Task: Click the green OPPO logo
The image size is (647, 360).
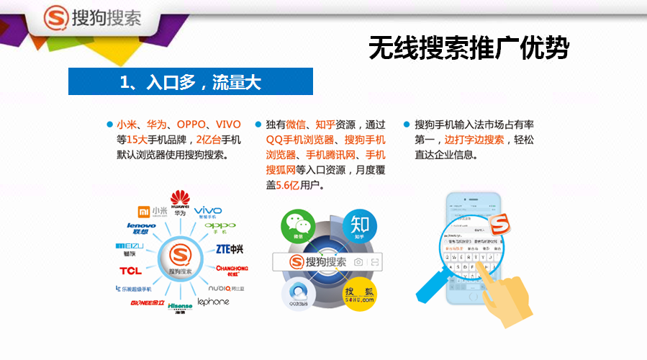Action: [x=220, y=228]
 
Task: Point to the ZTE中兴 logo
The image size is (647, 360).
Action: [x=230, y=249]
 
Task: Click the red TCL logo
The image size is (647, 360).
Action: [x=130, y=271]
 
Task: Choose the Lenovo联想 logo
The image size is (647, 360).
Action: [x=141, y=228]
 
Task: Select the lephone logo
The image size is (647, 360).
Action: [x=213, y=302]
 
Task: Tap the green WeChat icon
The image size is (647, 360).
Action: [x=298, y=225]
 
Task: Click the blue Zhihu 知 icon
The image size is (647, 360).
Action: [x=360, y=225]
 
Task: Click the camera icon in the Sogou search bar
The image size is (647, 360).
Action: [x=358, y=262]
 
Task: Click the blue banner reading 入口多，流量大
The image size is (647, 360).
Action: [x=191, y=82]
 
